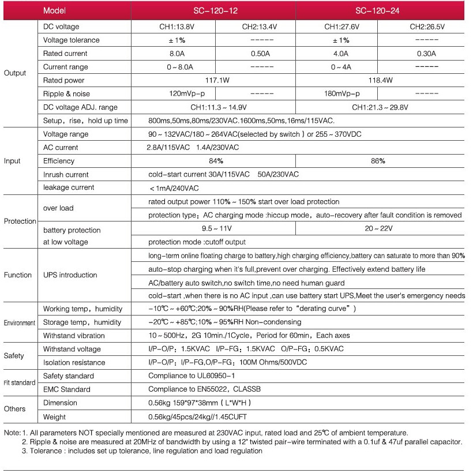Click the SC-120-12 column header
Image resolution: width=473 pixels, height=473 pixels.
point(213,11)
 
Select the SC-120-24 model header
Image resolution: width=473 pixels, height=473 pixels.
point(378,11)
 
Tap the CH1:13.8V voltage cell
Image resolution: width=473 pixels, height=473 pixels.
point(173,27)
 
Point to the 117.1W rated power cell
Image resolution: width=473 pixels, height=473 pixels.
point(217,80)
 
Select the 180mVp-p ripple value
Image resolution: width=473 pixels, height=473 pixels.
point(342,93)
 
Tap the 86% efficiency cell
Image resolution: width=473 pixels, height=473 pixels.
point(378,161)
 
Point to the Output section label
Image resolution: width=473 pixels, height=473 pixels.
point(15,73)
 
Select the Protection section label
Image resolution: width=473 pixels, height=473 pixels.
point(20,222)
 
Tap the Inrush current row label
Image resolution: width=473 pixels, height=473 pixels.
point(66,174)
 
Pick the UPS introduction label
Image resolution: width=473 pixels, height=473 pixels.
point(70,275)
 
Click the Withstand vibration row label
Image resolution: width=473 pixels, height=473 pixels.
point(74,336)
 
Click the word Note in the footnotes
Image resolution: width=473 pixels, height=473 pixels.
point(12,433)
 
